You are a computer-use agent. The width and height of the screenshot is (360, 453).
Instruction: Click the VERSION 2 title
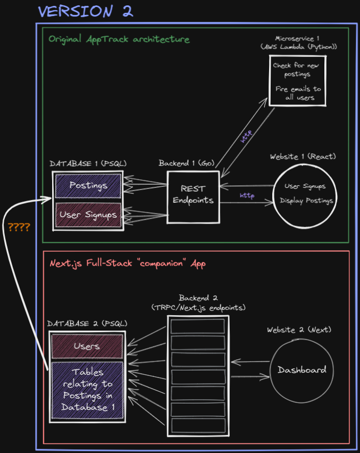85,11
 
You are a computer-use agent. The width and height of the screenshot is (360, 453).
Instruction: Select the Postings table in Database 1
88,185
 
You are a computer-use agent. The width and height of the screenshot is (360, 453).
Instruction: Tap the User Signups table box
88,215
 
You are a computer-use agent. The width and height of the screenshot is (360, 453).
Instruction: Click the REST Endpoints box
192,194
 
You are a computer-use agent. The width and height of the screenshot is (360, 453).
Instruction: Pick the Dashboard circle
302,370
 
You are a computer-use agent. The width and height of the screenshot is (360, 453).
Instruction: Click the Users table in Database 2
87,346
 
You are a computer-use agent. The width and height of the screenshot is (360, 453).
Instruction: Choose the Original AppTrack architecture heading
119,39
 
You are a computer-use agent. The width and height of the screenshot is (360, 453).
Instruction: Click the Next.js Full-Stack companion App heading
128,263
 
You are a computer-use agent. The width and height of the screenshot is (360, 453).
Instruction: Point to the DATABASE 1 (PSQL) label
88,163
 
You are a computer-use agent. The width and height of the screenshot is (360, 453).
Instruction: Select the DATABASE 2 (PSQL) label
87,323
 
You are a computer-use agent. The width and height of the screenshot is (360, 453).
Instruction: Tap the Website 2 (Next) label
299,330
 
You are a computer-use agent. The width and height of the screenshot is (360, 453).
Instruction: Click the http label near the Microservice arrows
247,137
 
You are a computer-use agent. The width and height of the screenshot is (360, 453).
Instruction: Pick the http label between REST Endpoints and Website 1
247,196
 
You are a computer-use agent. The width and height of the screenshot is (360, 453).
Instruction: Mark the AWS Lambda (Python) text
299,47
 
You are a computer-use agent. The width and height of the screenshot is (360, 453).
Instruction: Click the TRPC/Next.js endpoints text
198,308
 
